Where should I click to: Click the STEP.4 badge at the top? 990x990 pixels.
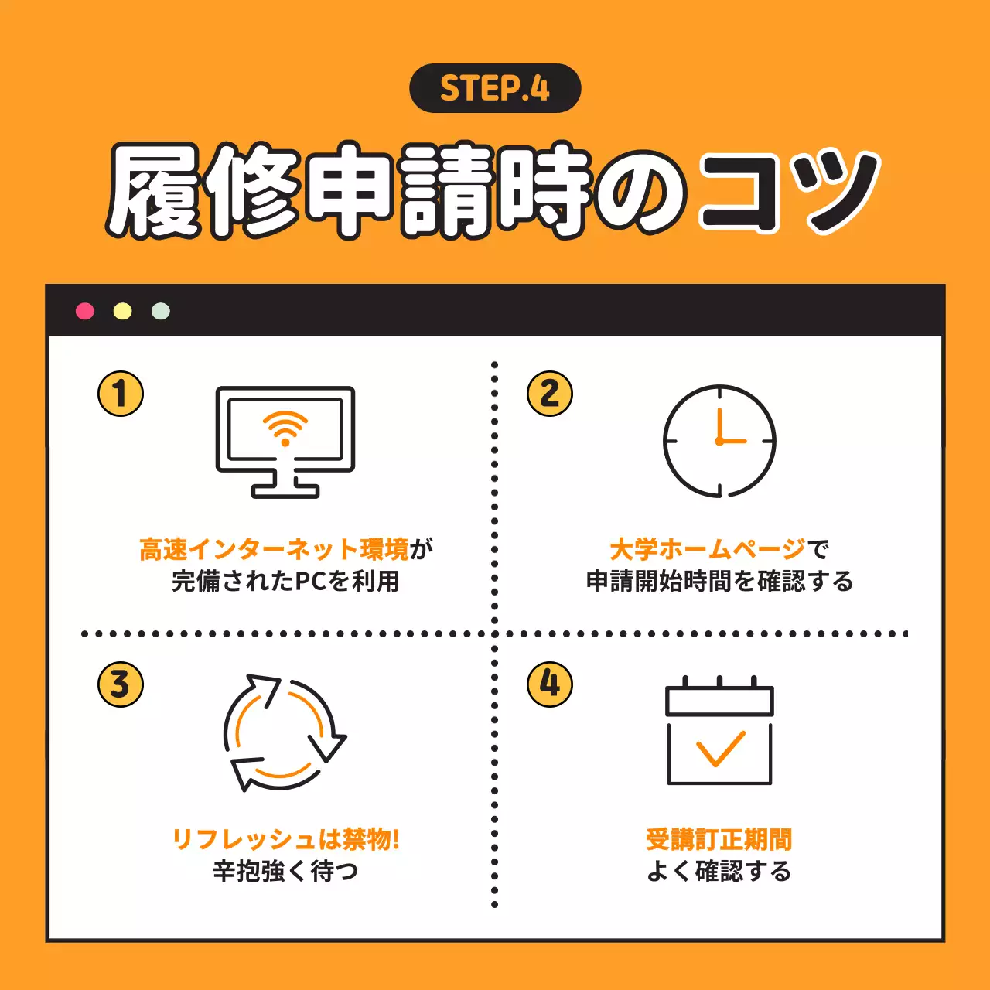[495, 88]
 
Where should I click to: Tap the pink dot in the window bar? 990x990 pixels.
[85, 311]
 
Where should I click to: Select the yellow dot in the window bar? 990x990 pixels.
[123, 311]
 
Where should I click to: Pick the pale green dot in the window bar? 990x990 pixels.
[161, 311]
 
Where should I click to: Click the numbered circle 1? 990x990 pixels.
[121, 394]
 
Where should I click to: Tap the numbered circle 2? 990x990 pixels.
[550, 394]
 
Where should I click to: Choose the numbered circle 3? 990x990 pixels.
[121, 684]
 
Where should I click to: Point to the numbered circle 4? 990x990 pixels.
[550, 684]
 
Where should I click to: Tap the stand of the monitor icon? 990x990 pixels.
[285, 486]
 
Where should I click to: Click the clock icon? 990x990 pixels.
[719, 441]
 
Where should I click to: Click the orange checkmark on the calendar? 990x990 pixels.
[720, 748]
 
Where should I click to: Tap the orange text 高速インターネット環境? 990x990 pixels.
[274, 550]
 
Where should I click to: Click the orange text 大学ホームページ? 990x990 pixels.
[708, 550]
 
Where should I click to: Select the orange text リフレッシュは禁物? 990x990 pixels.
[285, 839]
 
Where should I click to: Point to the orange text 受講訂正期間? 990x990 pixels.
[719, 839]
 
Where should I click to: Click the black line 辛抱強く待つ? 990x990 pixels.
[285, 872]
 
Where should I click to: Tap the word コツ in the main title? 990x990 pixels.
[789, 191]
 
